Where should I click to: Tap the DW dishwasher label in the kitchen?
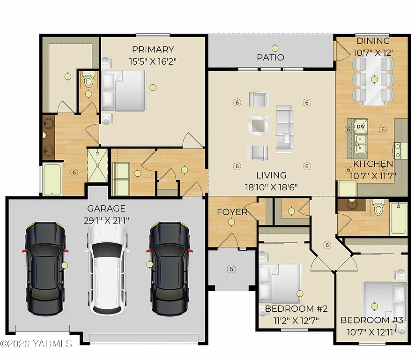pyautogui.click(x=361, y=126)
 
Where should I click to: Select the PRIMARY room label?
pyautogui.click(x=153, y=49)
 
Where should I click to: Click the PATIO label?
pyautogui.click(x=270, y=57)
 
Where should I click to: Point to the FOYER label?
pyautogui.click(x=232, y=212)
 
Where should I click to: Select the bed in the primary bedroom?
pyautogui.click(x=124, y=91)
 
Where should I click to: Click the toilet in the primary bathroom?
pyautogui.click(x=88, y=81)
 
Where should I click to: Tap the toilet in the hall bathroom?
pyautogui.click(x=378, y=208)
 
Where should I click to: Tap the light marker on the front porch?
pyautogui.click(x=230, y=269)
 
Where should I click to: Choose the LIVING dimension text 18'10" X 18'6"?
pyautogui.click(x=272, y=186)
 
